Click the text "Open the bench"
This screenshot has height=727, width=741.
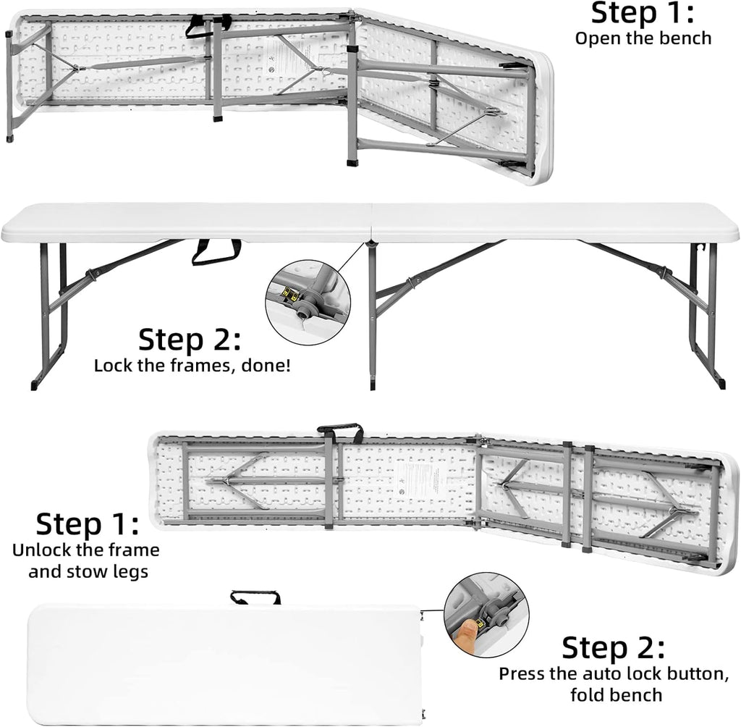click(x=643, y=38)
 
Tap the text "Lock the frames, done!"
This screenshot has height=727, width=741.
click(x=192, y=364)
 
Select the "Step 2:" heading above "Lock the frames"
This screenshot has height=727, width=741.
click(x=190, y=339)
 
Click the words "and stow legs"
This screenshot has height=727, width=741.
click(x=88, y=571)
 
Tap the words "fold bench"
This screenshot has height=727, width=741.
click(x=615, y=695)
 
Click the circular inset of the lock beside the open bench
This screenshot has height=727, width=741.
click(x=308, y=302)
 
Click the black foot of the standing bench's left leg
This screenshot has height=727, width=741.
click(x=35, y=384)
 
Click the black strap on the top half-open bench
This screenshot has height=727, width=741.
click(x=207, y=25)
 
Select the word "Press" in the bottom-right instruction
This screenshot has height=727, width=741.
click(x=523, y=673)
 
